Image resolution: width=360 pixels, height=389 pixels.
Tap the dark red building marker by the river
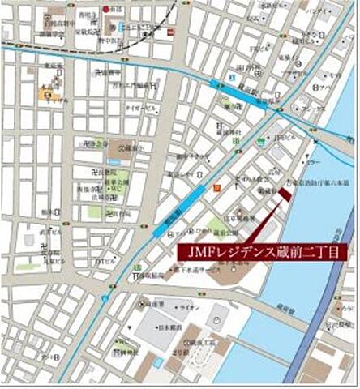pyautogui.click(x=285, y=192)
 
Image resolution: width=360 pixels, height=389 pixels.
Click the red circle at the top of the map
pyautogui.click(x=105, y=9)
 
